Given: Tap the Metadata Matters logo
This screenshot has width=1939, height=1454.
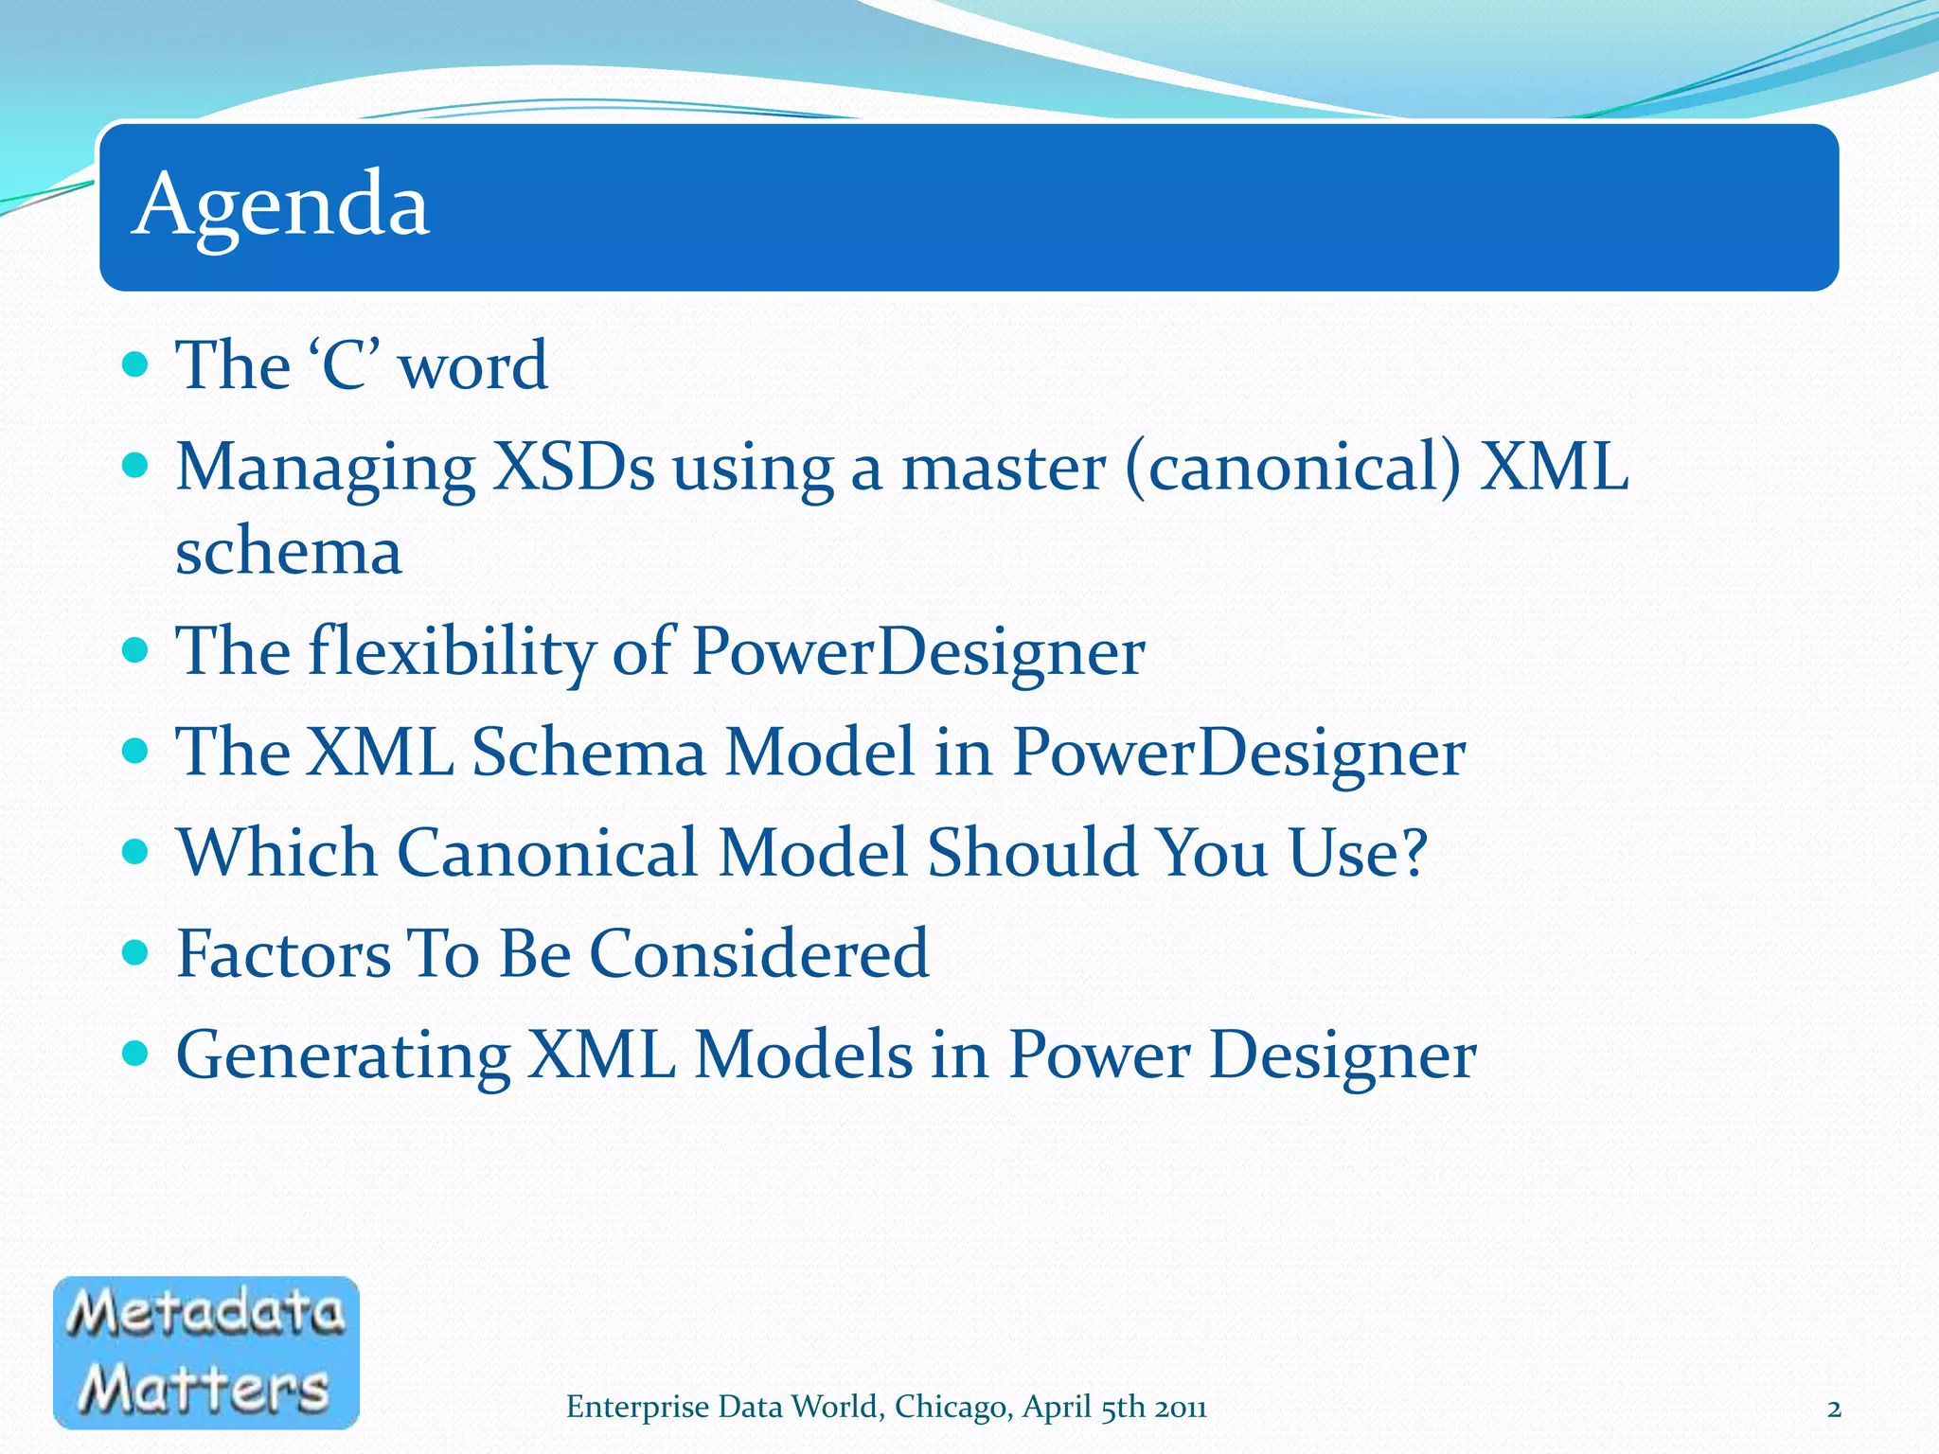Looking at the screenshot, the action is click(206, 1352).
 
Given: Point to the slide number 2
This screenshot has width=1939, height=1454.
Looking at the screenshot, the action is click(1834, 1409).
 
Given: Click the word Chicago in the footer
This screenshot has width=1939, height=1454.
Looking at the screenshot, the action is click(951, 1408).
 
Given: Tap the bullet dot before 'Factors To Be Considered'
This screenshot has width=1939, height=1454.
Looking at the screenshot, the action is click(136, 951).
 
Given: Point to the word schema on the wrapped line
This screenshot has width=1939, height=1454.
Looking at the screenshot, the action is click(289, 551).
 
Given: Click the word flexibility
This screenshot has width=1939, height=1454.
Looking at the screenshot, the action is click(453, 652).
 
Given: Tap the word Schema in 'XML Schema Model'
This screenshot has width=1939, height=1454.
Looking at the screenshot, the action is click(588, 752).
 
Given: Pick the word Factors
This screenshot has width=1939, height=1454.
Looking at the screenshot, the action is click(284, 953).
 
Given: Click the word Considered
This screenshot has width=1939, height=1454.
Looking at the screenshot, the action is click(759, 953).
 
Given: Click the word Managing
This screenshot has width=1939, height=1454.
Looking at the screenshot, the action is click(326, 470).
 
